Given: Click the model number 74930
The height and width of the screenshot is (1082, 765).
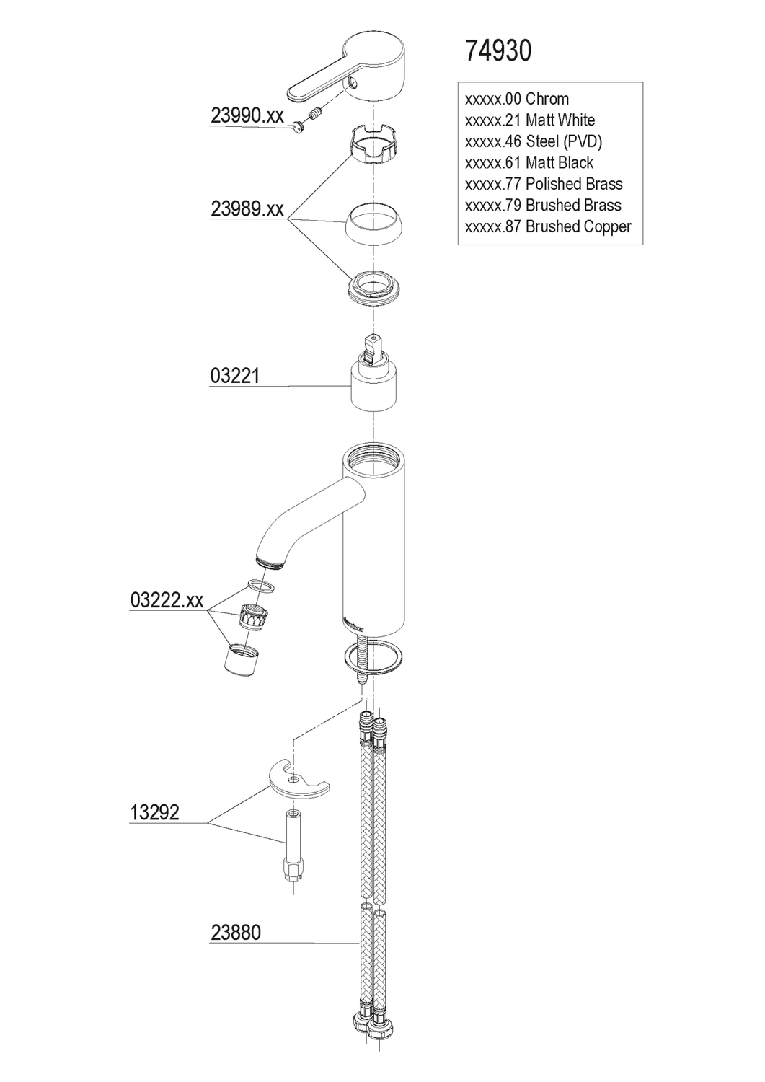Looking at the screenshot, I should click(x=498, y=50).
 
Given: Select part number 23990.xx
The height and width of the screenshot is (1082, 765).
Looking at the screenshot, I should click(x=247, y=115).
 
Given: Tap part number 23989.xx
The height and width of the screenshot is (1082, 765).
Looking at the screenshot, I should click(x=247, y=209).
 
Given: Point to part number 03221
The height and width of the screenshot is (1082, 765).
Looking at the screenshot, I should click(x=235, y=376).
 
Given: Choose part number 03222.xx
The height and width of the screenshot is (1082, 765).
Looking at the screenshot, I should click(x=167, y=600).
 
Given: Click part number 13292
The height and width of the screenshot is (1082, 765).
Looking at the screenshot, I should click(x=154, y=813).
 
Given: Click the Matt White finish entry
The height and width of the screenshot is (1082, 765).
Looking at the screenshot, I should click(x=530, y=120).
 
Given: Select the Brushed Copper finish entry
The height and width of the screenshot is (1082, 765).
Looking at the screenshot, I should click(x=548, y=226).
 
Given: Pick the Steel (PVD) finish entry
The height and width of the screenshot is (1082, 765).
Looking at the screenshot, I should click(x=534, y=141).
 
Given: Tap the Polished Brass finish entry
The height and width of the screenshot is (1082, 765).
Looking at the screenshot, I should click(x=544, y=184).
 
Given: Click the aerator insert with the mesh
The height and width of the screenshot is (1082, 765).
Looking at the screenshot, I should click(x=250, y=617).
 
